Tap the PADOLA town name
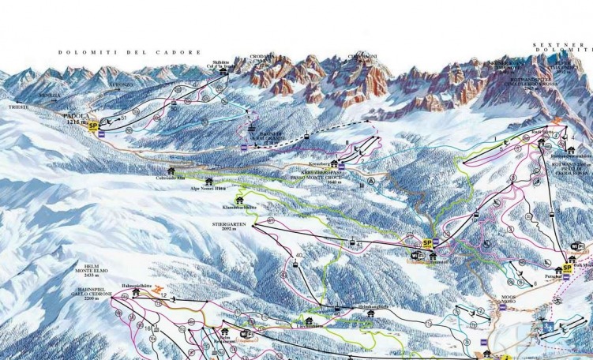click(77, 114)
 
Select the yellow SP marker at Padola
click(94, 125)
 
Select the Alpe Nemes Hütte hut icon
click(209, 181)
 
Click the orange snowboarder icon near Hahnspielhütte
click(161, 289)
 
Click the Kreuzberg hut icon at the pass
click(341, 165)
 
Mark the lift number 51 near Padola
click(123, 118)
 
